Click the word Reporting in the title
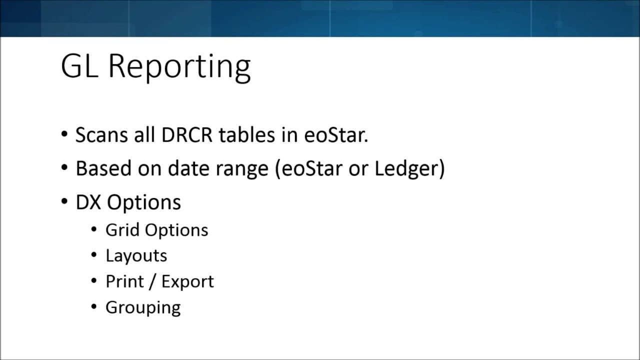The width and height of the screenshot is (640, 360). click(179, 66)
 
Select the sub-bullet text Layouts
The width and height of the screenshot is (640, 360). click(136, 256)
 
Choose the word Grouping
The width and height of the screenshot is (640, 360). click(143, 307)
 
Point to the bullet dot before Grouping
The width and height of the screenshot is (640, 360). click(94, 306)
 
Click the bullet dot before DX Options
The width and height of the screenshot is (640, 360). click(64, 201)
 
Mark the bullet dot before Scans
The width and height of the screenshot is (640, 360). click(64, 134)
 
